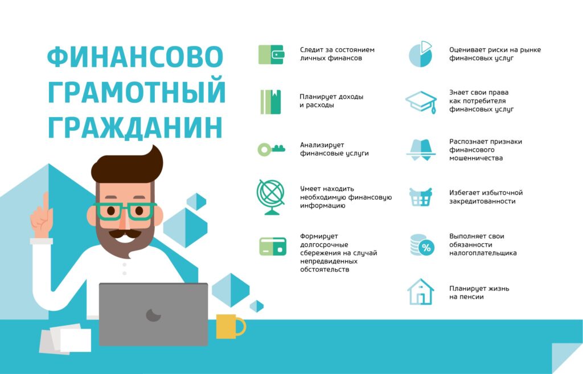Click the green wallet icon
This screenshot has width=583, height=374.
tap(271, 54)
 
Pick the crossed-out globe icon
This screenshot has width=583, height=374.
tap(271, 197)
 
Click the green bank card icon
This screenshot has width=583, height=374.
tap(271, 246)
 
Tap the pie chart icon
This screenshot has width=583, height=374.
tap(421, 53)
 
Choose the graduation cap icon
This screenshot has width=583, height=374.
tap(421, 102)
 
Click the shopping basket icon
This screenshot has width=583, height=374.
tap(421, 197)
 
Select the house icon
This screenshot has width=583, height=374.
tap(421, 292)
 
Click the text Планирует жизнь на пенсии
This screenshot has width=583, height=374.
tap(479, 292)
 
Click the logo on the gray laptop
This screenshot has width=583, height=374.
tap(153, 314)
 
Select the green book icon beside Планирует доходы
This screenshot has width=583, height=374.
tap(271, 102)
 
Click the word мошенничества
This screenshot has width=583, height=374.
tap(476, 158)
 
